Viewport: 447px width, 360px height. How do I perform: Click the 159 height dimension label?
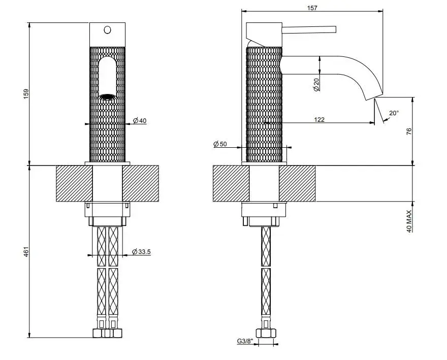point(26,94)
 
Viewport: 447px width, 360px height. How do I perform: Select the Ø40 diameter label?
point(140,120)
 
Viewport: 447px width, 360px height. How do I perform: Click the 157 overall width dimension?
point(312,8)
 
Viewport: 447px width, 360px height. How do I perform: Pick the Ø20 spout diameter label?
point(316,85)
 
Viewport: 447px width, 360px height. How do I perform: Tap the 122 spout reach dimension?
point(320,119)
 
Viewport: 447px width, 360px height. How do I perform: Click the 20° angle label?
point(394,113)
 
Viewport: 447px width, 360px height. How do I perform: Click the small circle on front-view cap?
point(107,29)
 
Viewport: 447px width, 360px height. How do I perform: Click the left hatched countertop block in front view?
point(74,183)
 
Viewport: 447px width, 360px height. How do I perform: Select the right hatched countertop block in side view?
point(297,183)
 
